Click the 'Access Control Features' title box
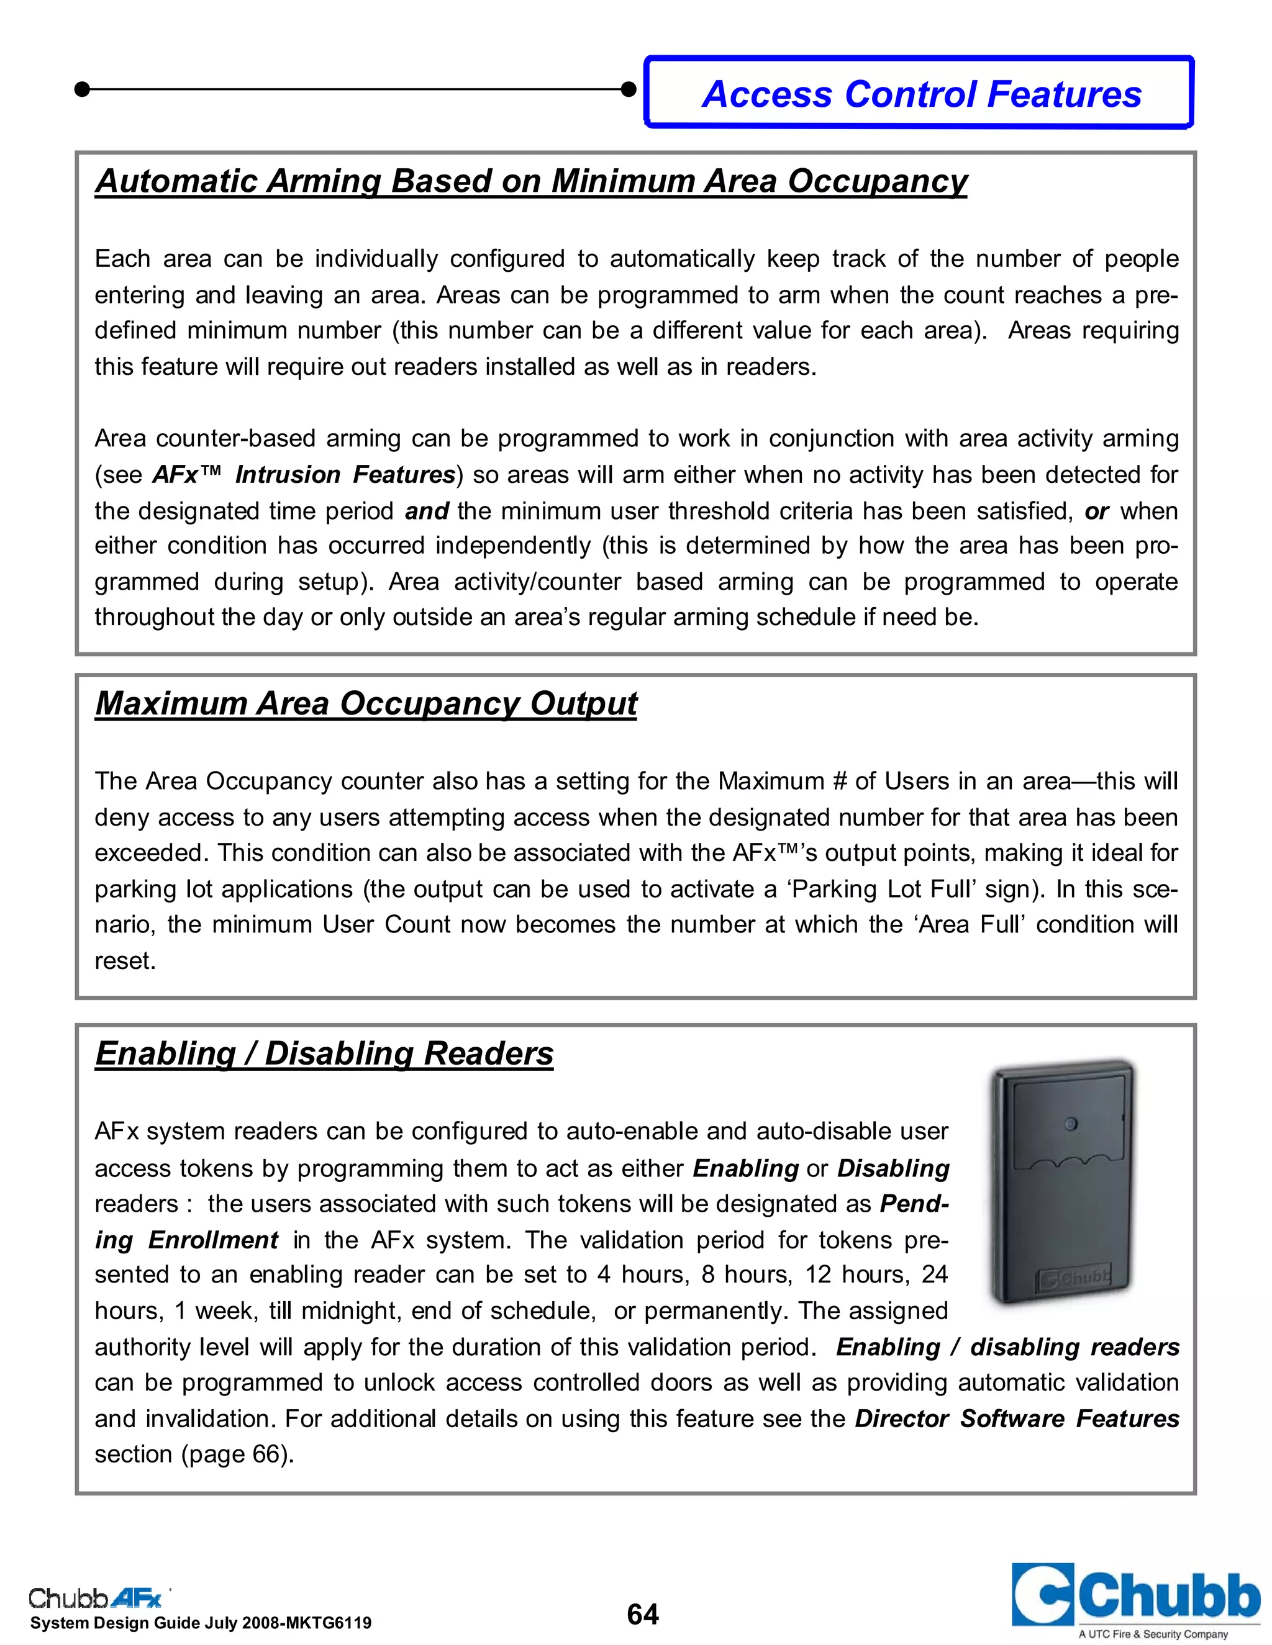tap(920, 93)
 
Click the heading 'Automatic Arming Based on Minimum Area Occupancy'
tap(530, 181)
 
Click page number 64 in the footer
tap(642, 1614)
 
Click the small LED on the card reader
tap(1070, 1125)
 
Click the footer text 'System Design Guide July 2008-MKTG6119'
tap(201, 1623)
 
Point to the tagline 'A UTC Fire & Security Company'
tap(1153, 1634)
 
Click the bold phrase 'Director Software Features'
tap(1017, 1418)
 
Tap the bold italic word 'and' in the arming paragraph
tap(427, 512)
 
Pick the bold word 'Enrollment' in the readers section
tap(213, 1240)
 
